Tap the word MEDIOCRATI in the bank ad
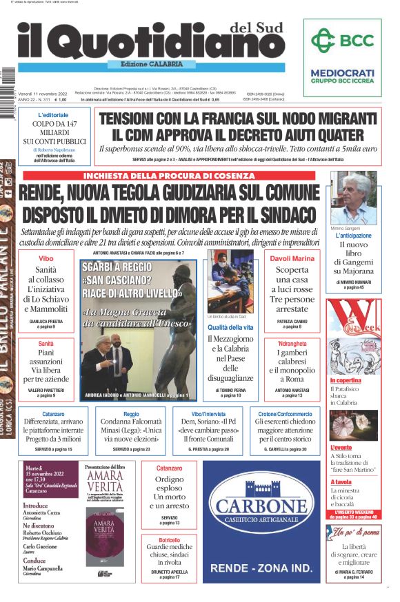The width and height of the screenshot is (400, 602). pyautogui.click(x=342, y=72)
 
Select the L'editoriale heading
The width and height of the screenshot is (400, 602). pyautogui.click(x=53, y=114)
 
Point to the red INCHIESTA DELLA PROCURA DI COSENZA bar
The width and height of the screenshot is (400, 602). pyautogui.click(x=168, y=176)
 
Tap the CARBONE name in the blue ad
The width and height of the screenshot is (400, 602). pyautogui.click(x=261, y=508)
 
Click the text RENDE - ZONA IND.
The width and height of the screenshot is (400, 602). pyautogui.click(x=261, y=568)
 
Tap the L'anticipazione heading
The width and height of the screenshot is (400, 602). pyautogui.click(x=354, y=236)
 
